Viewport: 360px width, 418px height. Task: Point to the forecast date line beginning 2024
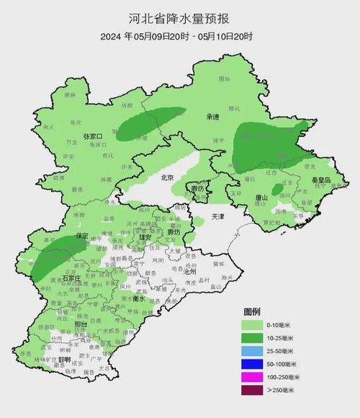tap(180, 35)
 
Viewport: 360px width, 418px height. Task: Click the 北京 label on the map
tap(168, 177)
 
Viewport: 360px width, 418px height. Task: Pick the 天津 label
tap(218, 216)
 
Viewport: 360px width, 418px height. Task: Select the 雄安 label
tap(145, 236)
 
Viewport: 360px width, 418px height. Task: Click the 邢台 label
tap(62, 325)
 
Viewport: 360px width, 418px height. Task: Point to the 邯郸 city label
tap(65, 360)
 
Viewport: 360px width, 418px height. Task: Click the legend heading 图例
tap(252, 311)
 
